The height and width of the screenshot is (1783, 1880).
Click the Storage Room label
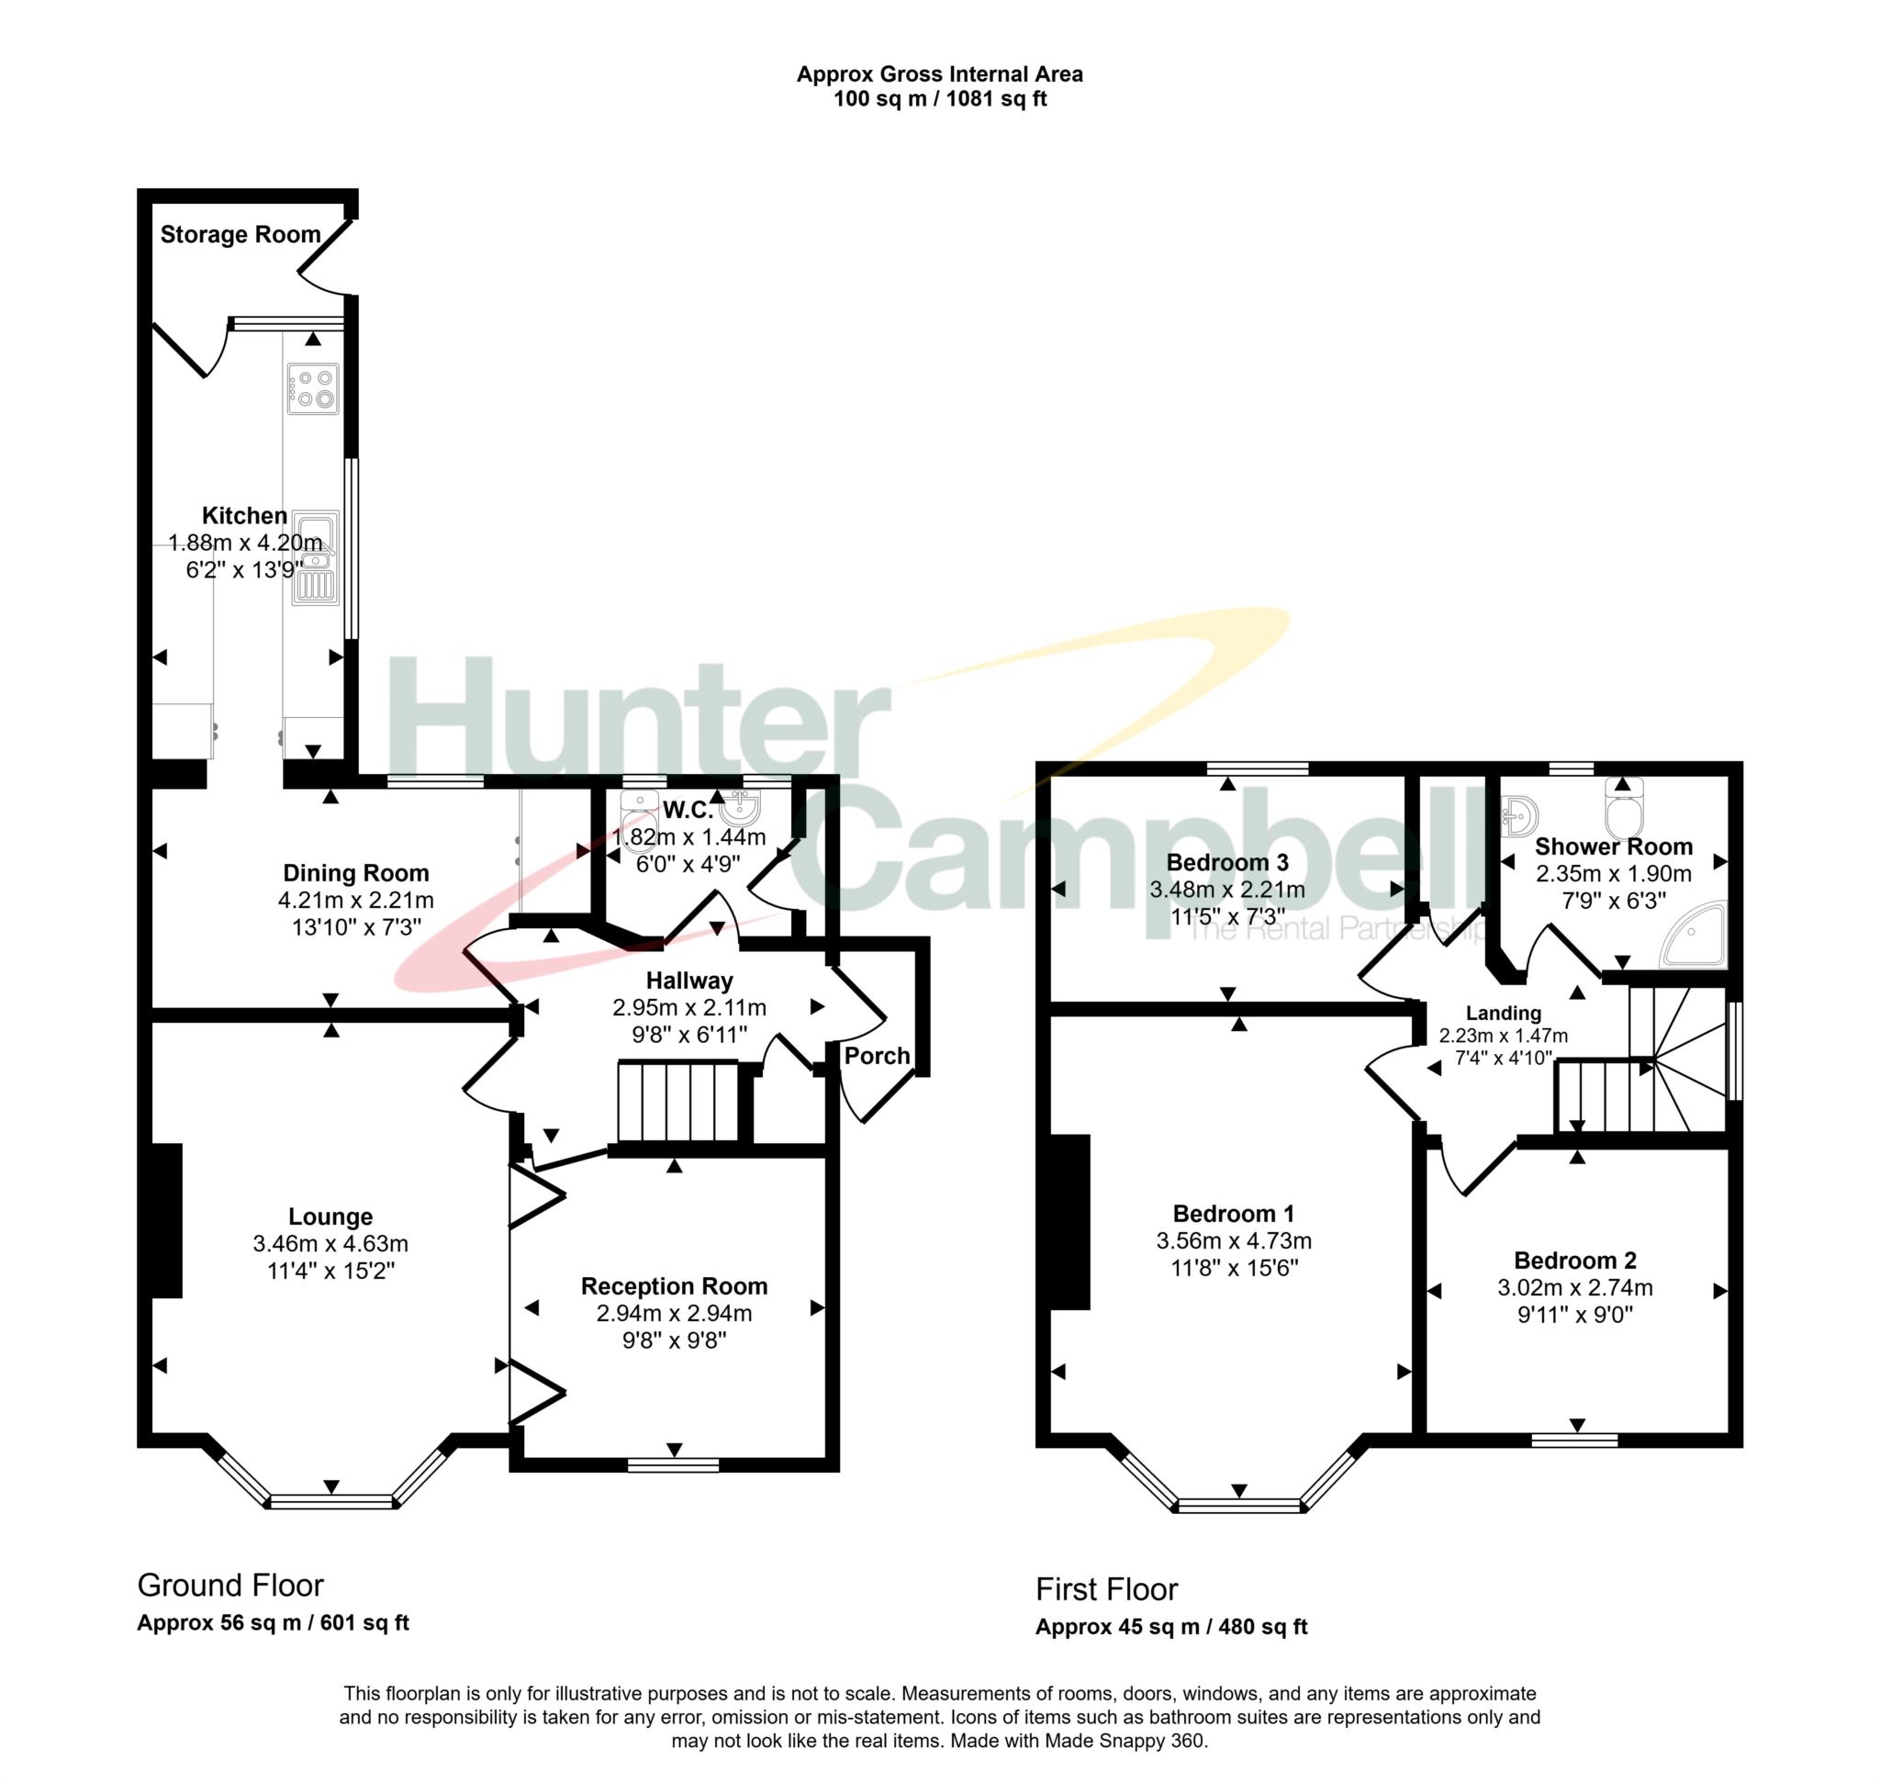pyautogui.click(x=241, y=235)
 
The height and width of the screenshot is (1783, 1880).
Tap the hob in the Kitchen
pyautogui.click(x=313, y=388)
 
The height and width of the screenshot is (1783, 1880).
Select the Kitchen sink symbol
pyautogui.click(x=315, y=558)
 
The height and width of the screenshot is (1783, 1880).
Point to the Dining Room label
pyautogui.click(x=355, y=872)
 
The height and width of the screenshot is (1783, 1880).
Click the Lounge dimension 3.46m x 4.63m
pyautogui.click(x=330, y=1243)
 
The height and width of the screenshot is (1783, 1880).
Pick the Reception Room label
pyautogui.click(x=674, y=1286)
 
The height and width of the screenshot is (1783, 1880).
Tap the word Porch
pyautogui.click(x=877, y=1056)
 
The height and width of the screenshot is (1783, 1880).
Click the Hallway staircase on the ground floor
pyautogui.click(x=678, y=1103)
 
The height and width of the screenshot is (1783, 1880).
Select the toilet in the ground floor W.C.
pyautogui.click(x=638, y=822)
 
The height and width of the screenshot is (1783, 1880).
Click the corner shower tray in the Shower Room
pyautogui.click(x=1694, y=935)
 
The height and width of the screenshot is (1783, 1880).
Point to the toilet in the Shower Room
pyautogui.click(x=1622, y=807)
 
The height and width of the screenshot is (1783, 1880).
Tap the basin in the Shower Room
pyautogui.click(x=1520, y=814)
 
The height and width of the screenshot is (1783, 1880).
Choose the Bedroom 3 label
pyautogui.click(x=1227, y=862)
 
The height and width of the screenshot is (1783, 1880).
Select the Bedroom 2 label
pyautogui.click(x=1575, y=1261)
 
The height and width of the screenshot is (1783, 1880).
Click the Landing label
pyautogui.click(x=1503, y=1014)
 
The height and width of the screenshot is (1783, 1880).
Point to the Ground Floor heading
pyautogui.click(x=231, y=1586)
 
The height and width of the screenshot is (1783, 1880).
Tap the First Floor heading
pyautogui.click(x=1106, y=1589)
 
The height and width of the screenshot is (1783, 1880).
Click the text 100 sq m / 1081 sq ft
pyautogui.click(x=940, y=100)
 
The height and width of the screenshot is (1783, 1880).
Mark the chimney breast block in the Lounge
pyautogui.click(x=167, y=1219)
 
